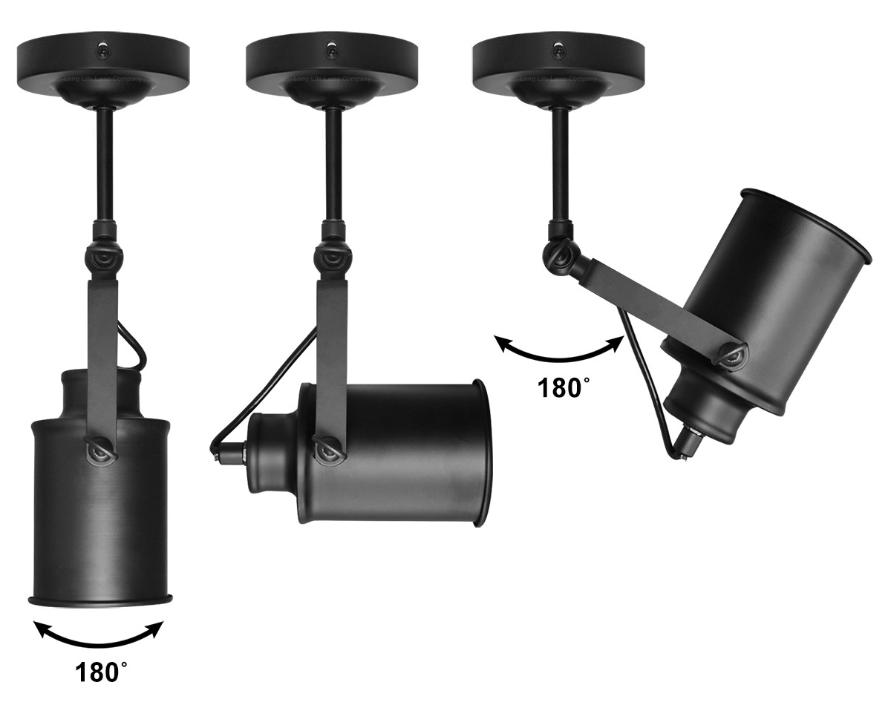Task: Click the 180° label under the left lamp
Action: pyautogui.click(x=101, y=672)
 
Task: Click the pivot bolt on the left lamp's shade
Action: pyautogui.click(x=97, y=451)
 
